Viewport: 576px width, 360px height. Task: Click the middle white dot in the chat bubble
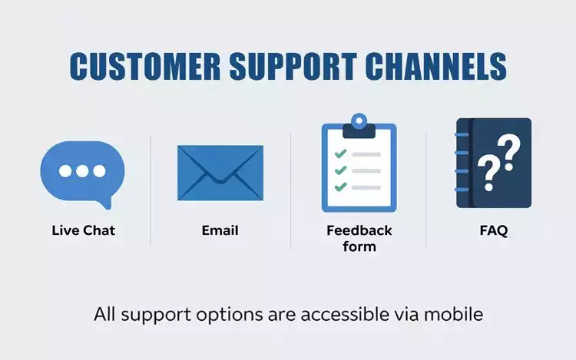coord(81,171)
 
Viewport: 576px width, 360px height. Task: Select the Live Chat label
coord(83,230)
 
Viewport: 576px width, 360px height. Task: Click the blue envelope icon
coord(220,173)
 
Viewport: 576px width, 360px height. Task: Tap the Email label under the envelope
coord(220,230)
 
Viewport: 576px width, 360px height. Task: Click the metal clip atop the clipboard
coord(359,126)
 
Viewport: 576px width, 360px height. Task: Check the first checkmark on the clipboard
coord(341,154)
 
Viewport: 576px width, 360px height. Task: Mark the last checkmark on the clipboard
coord(341,187)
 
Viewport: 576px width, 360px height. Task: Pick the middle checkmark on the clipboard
coord(341,170)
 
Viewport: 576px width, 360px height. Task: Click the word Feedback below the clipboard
coord(359,230)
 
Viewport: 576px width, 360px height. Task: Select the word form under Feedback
coord(359,246)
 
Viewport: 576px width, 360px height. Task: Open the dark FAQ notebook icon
coord(494,163)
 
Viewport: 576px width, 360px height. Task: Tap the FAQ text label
coord(493,230)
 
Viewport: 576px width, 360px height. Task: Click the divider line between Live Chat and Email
coord(151,190)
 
